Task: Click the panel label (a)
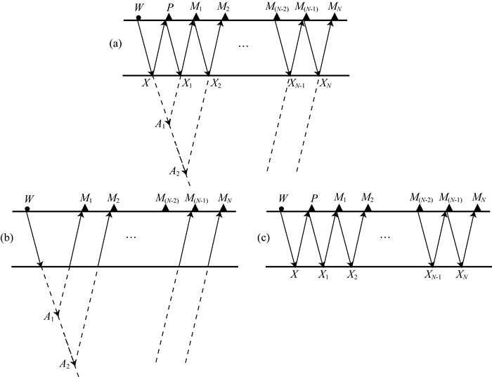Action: pyautogui.click(x=116, y=44)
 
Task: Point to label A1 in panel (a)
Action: pyautogui.click(x=160, y=124)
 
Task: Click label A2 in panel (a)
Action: pyautogui.click(x=174, y=170)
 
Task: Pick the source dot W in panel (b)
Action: pyautogui.click(x=27, y=208)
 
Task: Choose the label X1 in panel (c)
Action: pyautogui.click(x=325, y=275)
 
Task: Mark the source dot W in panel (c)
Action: pyautogui.click(x=281, y=208)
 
